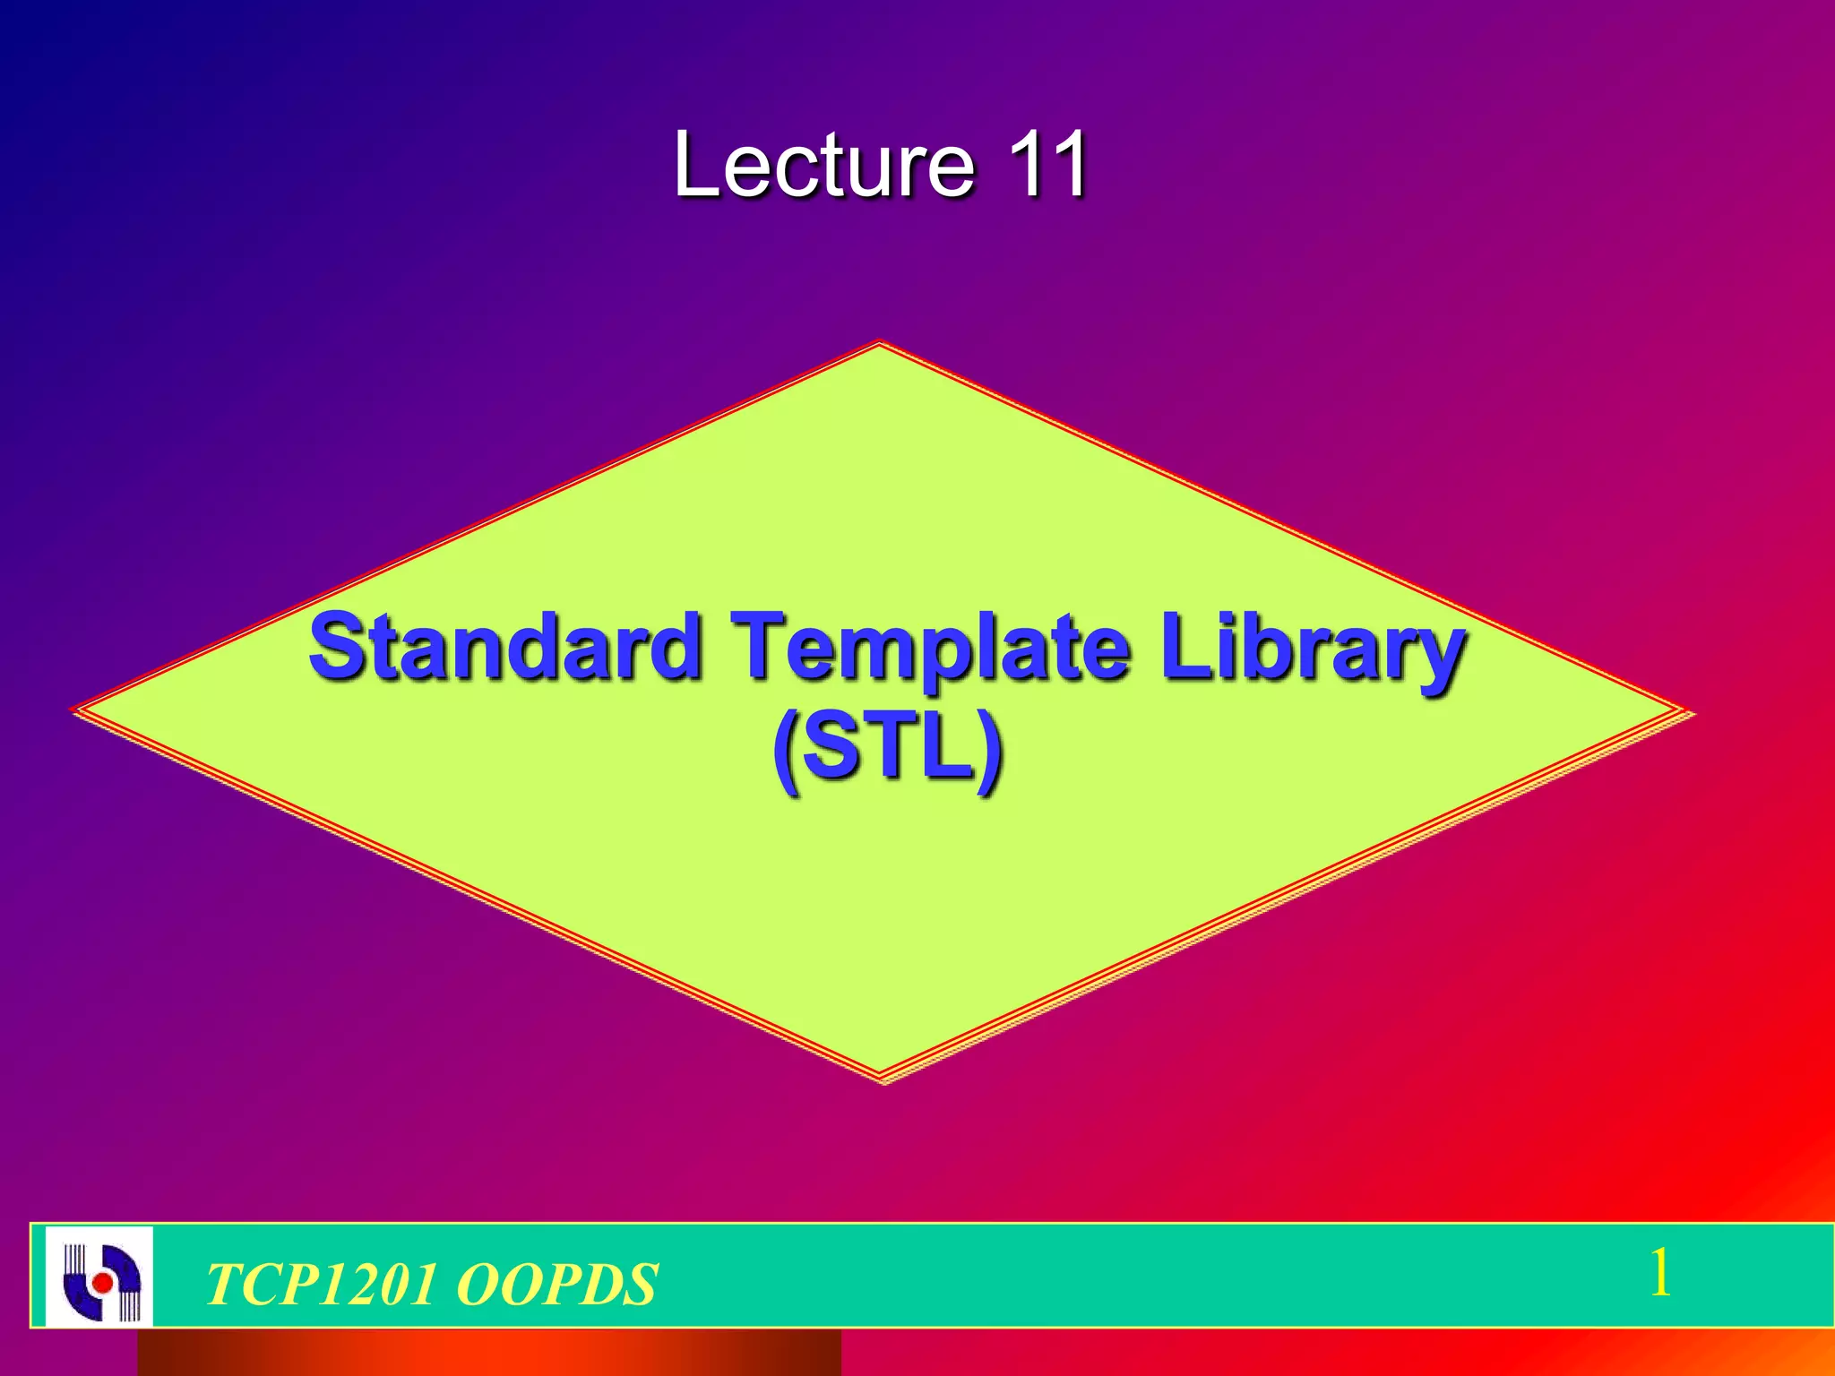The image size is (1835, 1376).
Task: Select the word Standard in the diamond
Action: click(504, 647)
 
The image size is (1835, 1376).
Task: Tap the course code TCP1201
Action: click(322, 1284)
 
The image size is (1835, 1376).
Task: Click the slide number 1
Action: click(1659, 1273)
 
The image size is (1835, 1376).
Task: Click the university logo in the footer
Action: click(99, 1277)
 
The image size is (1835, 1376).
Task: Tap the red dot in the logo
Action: click(103, 1283)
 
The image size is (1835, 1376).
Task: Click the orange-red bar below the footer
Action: click(488, 1353)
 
